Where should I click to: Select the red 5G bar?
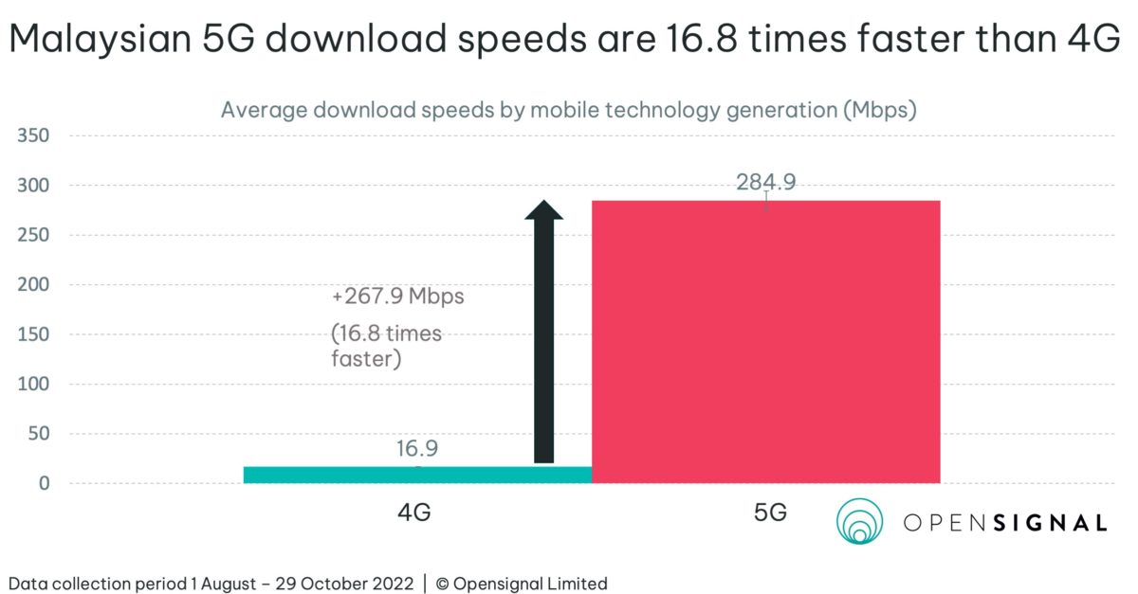pos(765,342)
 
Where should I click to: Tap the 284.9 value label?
pos(765,182)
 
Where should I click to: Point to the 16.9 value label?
pos(417,449)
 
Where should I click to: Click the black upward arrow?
pos(543,332)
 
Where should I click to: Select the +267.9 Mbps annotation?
pos(398,296)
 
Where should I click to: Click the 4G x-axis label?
pos(414,513)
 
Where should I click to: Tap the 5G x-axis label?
pos(770,513)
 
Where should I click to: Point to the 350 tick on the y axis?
pos(32,136)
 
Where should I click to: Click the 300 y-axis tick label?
pos(32,186)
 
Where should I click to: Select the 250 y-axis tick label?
pos(32,236)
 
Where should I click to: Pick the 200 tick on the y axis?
pos(32,285)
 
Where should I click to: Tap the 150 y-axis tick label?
pos(32,335)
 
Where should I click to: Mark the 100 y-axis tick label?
pos(32,385)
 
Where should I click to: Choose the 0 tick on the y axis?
pos(43,484)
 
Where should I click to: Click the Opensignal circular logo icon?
pos(859,522)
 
